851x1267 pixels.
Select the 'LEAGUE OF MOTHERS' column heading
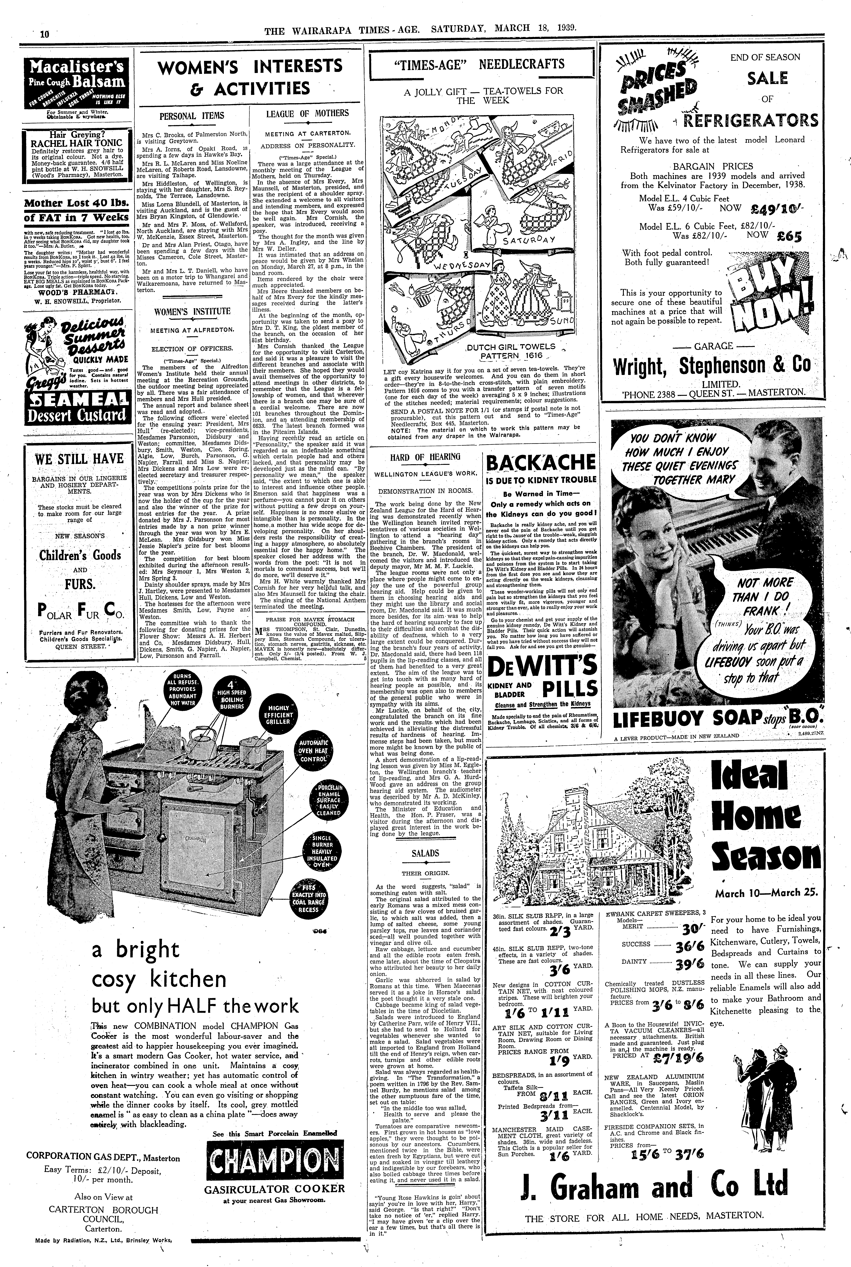[x=307, y=113]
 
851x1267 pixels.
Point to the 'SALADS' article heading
[x=425, y=853]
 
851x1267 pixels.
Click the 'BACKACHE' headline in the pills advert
[x=541, y=463]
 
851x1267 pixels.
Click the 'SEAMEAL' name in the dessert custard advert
[x=78, y=401]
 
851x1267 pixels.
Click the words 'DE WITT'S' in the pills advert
[x=541, y=666]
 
